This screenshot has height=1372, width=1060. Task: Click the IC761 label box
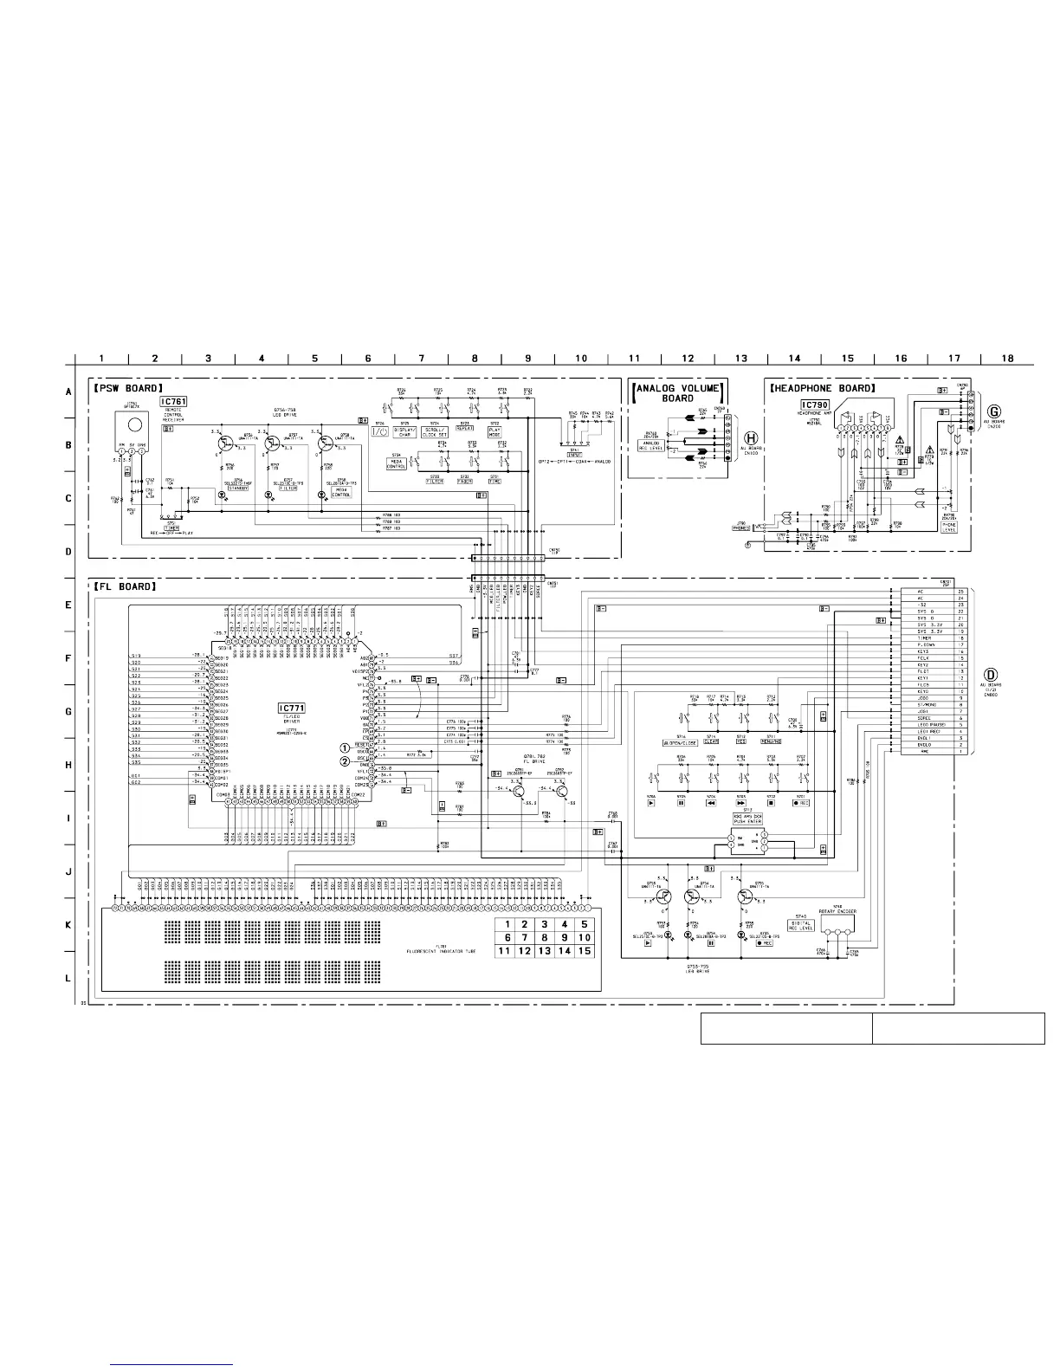172,402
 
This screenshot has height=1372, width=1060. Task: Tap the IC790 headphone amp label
815,405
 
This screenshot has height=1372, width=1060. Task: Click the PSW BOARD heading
128,388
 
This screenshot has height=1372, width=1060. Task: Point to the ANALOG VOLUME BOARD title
678,393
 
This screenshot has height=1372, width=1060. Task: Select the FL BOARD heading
125,586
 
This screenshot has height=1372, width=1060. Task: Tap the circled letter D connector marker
991,675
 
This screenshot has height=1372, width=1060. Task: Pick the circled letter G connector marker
994,410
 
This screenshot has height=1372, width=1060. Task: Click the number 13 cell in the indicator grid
544,950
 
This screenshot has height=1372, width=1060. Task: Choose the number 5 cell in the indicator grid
585,924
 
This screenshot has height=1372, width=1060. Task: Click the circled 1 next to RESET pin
345,747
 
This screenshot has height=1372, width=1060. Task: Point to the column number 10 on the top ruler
581,358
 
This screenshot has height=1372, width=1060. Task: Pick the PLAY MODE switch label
494,431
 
